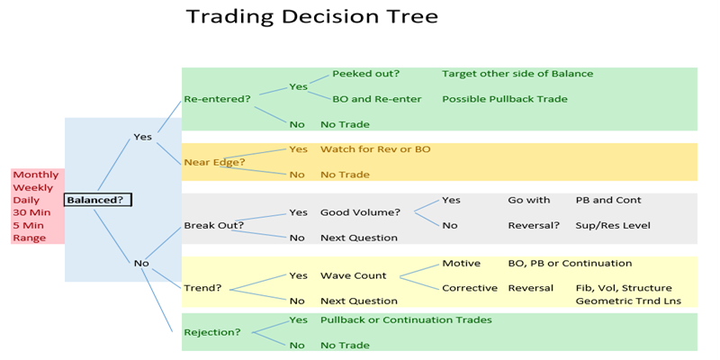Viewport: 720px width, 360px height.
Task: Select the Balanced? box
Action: tap(97, 199)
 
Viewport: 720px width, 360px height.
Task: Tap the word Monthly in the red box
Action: tap(36, 175)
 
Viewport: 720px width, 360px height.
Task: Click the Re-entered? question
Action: tap(217, 99)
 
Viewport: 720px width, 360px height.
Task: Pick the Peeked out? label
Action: tap(365, 74)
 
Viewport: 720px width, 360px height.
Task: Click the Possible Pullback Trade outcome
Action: tap(504, 99)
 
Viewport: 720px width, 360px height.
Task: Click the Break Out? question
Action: tap(213, 225)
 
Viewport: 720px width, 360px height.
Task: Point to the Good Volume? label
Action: tap(361, 212)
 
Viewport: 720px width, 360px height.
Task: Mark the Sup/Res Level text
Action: tap(613, 225)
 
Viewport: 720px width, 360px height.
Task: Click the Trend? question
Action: tap(202, 288)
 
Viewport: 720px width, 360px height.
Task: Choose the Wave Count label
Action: tap(354, 275)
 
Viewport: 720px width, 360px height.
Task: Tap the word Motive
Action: tap(463, 263)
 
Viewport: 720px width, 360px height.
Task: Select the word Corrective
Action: tap(470, 288)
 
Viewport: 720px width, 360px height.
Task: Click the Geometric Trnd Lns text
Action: tap(627, 301)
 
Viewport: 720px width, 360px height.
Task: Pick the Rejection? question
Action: tap(212, 332)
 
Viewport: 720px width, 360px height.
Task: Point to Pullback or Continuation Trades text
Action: tap(406, 319)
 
